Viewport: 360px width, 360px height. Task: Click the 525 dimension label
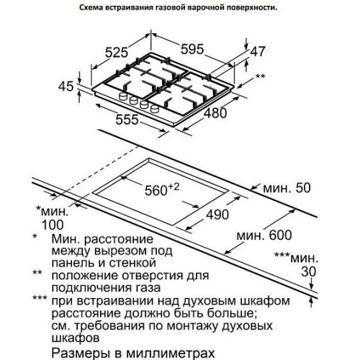coord(117,53)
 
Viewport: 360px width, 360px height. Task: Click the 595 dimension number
coord(192,50)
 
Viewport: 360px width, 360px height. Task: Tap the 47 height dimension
coord(258,52)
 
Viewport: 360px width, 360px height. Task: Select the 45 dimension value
coord(66,86)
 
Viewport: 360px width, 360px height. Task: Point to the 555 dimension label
coord(127,120)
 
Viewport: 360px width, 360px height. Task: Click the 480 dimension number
coord(215,113)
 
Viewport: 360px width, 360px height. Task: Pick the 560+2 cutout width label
coord(162,190)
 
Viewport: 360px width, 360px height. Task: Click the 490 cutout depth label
coord(217,215)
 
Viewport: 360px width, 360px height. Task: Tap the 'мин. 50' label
coord(287,188)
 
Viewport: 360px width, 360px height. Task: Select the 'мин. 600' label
coord(264,235)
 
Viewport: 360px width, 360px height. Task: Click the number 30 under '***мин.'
coord(309,271)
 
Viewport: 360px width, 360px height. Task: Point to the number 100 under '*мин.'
coord(53,225)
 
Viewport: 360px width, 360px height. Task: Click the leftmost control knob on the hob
coord(123,96)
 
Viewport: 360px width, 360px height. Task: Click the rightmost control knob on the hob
coord(155,109)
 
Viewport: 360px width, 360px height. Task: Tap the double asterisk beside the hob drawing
coord(260,76)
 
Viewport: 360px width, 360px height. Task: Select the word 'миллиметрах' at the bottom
coord(171,354)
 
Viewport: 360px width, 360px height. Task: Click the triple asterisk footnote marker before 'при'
coord(40,298)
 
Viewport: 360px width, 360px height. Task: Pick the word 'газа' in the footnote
coord(149,288)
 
